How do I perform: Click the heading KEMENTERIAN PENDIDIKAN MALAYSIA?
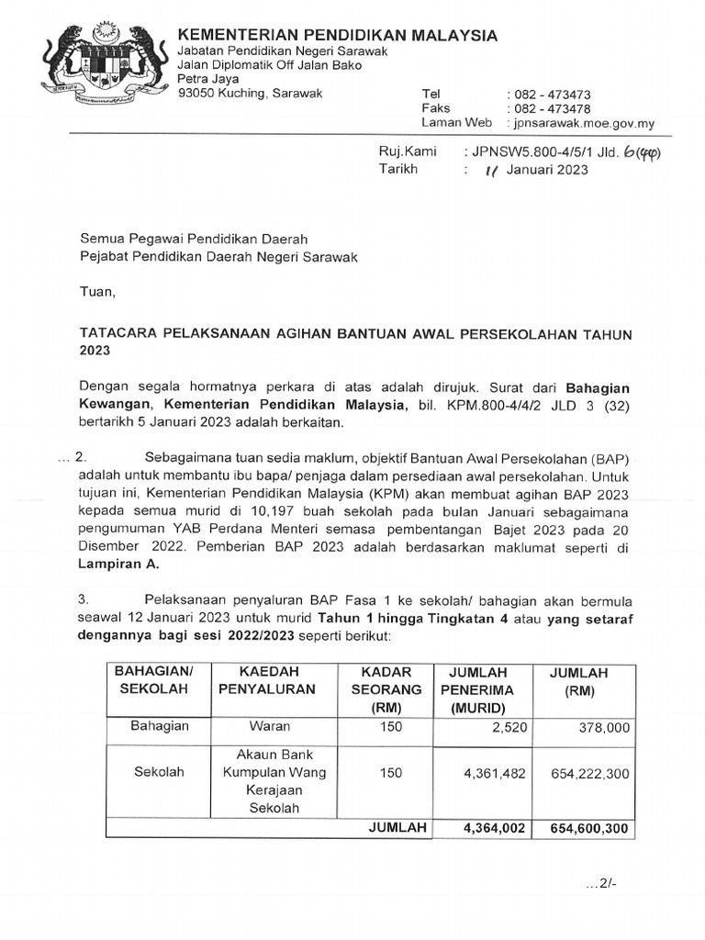pos(338,35)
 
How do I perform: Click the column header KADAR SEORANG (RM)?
pos(390,688)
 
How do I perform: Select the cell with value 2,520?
pos(506,727)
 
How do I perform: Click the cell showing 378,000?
pos(602,727)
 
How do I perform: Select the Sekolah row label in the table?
pos(159,772)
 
